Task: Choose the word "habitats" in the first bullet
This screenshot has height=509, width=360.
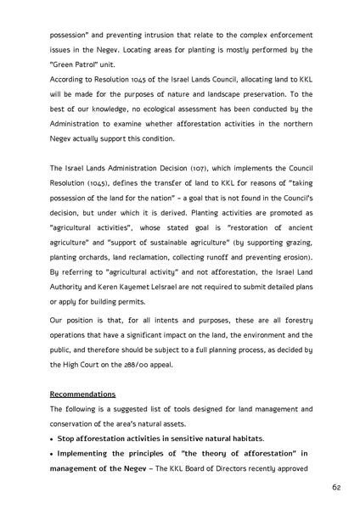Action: [x=241, y=438]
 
